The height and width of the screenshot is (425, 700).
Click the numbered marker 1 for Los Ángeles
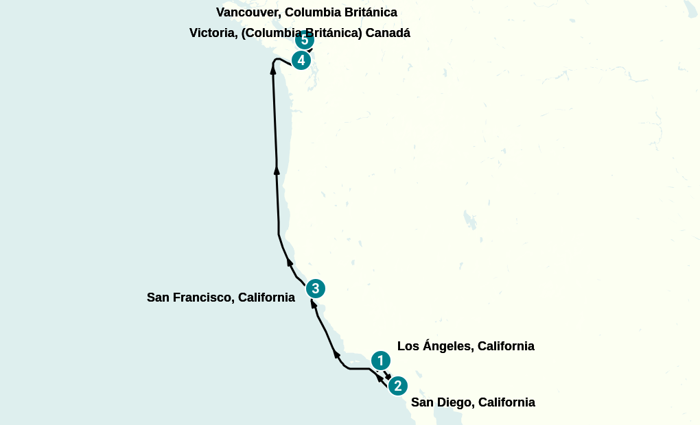tap(380, 361)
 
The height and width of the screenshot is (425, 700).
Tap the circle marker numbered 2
tap(397, 386)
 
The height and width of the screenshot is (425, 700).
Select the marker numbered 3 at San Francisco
tap(315, 288)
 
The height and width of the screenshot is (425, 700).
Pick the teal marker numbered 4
tap(301, 60)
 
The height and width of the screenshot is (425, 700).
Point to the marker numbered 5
tap(304, 40)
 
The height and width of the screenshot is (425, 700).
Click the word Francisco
tap(204, 297)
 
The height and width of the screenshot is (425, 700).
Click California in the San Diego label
tap(506, 402)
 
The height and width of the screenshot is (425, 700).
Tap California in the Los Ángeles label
tap(506, 346)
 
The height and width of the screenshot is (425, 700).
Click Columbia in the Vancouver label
tap(311, 12)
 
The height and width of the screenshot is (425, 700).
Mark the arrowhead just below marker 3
tap(313, 303)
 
